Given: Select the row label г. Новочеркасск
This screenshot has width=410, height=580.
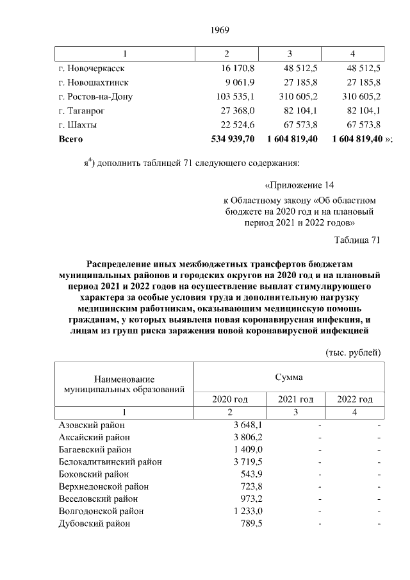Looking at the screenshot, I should pyautogui.click(x=92, y=67).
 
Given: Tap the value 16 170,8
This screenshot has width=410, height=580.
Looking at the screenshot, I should pyautogui.click(x=237, y=67).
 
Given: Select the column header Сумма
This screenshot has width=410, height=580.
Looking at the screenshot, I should pyautogui.click(x=289, y=376).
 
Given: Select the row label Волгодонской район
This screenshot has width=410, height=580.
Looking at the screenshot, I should pyautogui.click(x=101, y=511).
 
